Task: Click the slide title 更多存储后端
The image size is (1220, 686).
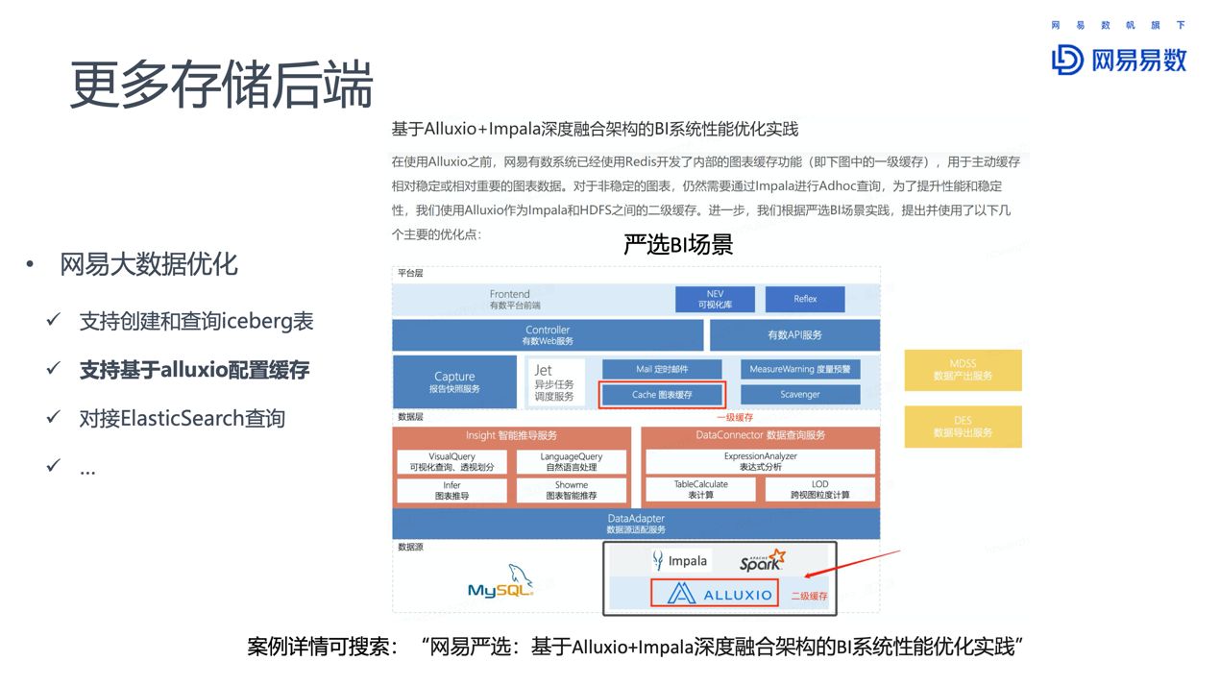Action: click(221, 86)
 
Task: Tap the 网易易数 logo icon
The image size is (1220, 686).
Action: click(1067, 60)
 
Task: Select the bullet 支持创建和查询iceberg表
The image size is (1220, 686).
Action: click(196, 321)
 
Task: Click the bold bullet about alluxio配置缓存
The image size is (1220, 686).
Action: click(194, 370)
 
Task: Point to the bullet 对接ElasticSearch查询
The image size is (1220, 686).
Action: click(183, 419)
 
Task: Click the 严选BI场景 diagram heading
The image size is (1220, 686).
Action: click(677, 245)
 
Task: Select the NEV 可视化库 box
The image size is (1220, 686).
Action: click(715, 299)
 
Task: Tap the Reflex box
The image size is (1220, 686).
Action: click(805, 299)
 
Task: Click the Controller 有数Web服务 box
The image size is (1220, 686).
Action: click(548, 335)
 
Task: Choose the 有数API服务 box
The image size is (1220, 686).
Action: click(794, 335)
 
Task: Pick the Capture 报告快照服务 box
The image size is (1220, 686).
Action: click(454, 381)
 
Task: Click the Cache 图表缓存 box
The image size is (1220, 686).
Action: click(662, 395)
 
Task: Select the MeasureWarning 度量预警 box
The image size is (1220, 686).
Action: click(800, 369)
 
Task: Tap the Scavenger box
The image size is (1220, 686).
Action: click(800, 395)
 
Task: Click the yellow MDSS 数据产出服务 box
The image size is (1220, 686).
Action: click(963, 370)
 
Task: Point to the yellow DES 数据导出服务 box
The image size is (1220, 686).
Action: click(963, 427)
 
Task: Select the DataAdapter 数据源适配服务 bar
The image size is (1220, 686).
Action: click(636, 524)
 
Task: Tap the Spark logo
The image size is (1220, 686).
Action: click(762, 561)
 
